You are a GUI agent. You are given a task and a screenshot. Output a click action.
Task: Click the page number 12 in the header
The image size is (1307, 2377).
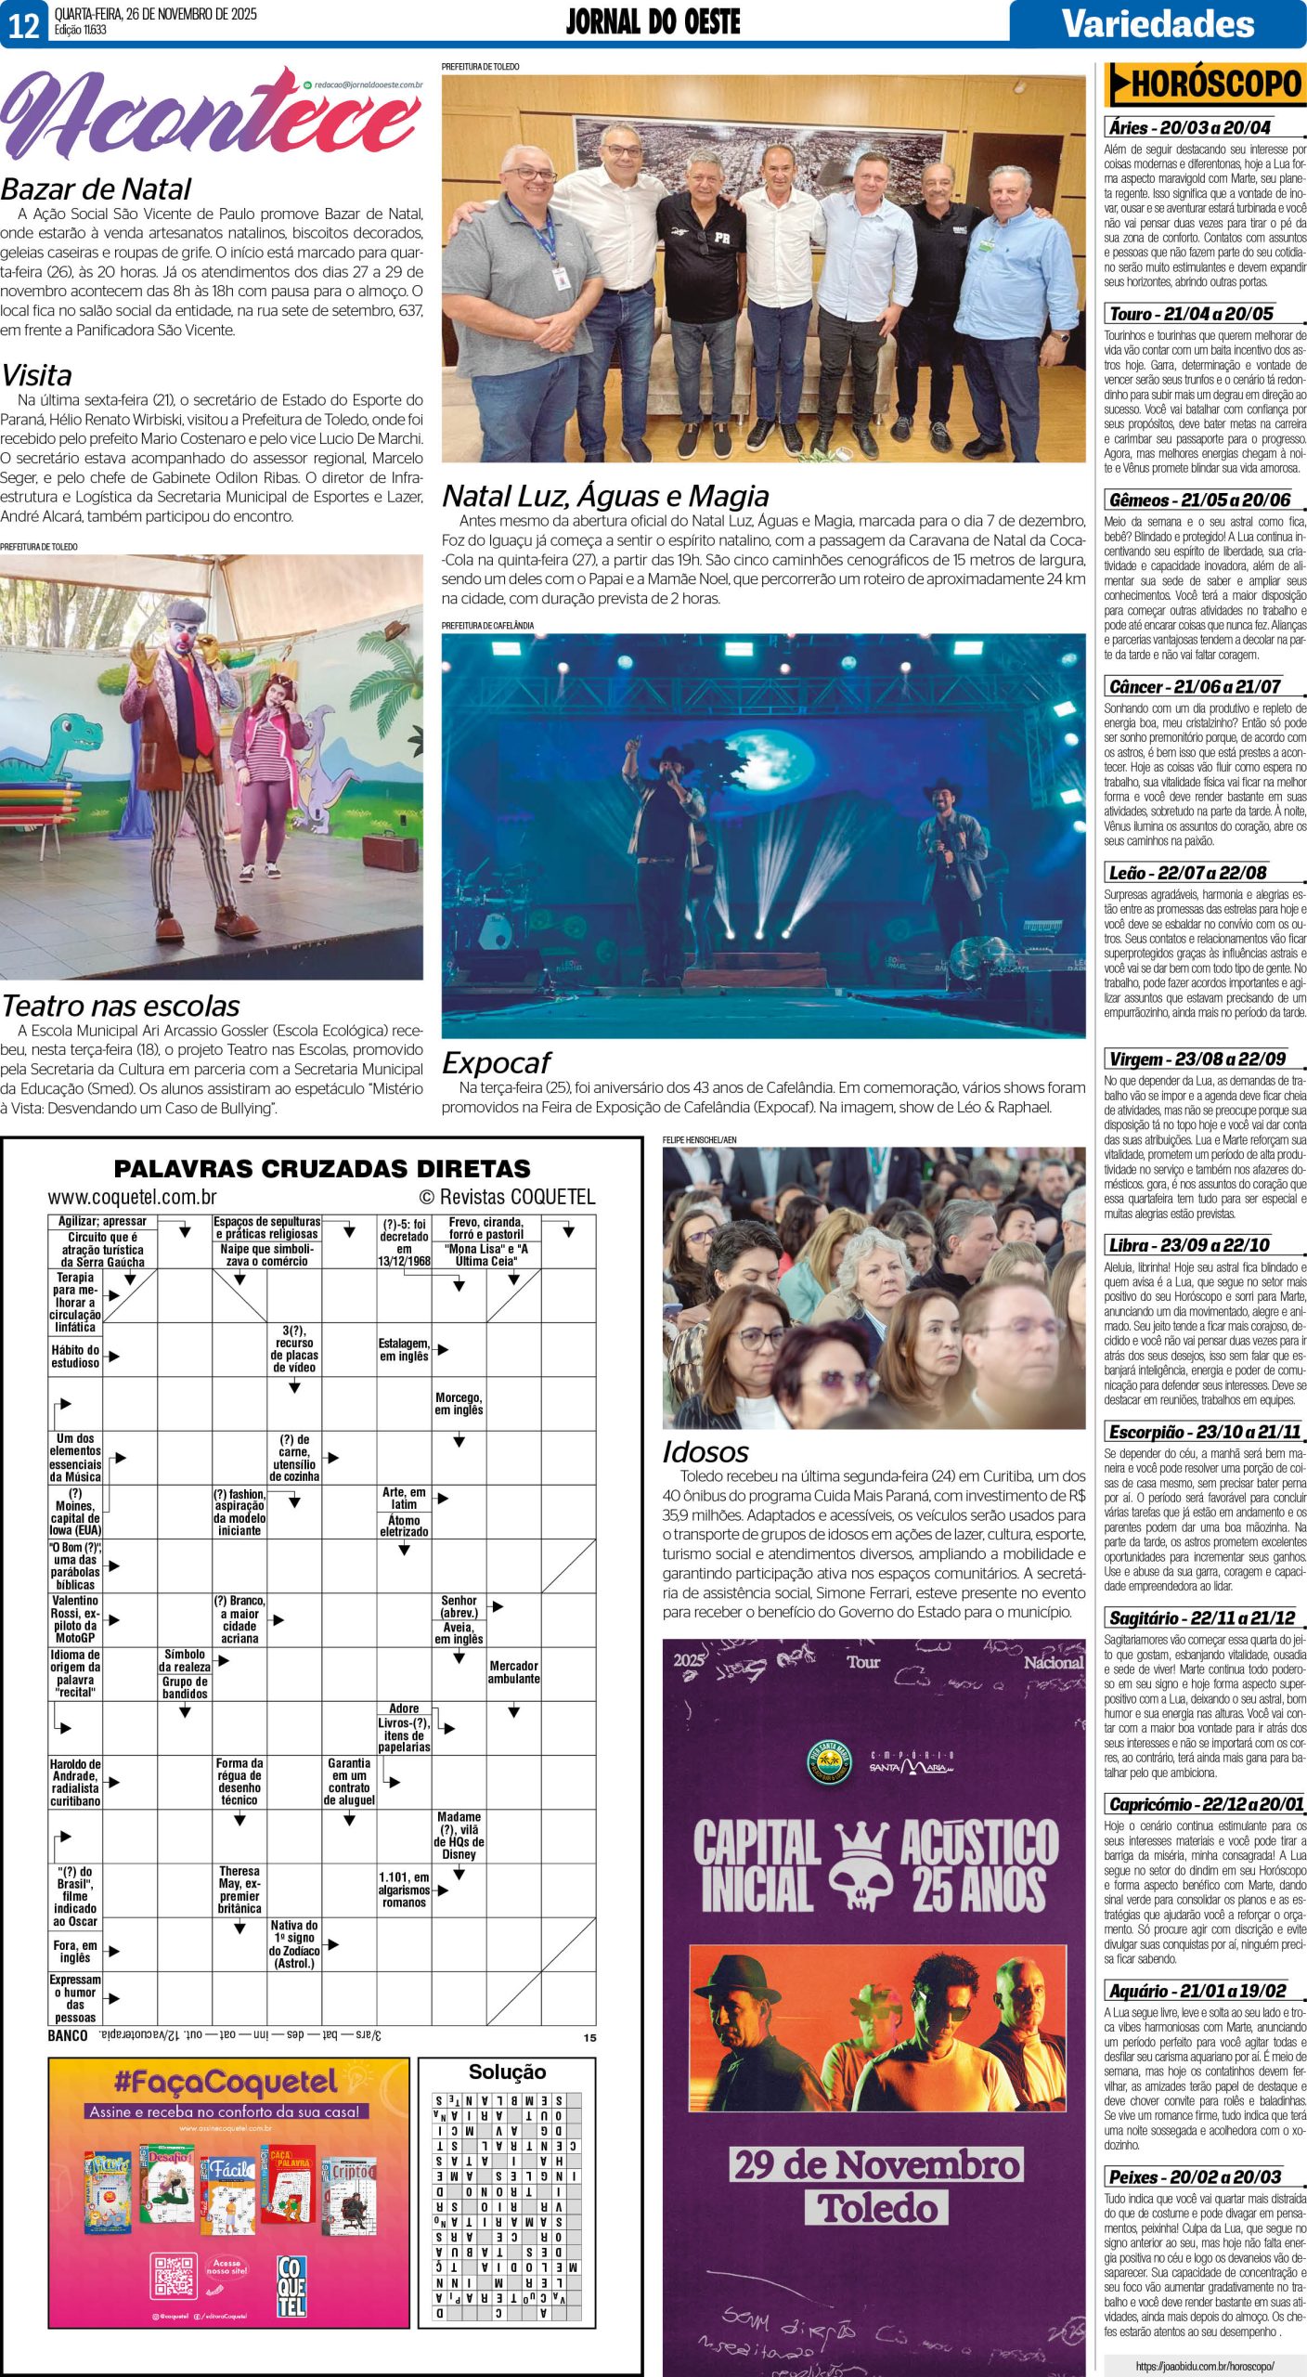(24, 24)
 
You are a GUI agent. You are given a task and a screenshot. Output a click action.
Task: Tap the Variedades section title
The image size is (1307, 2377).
(1158, 23)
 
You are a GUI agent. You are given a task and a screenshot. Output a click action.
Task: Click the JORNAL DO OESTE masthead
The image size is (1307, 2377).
(653, 22)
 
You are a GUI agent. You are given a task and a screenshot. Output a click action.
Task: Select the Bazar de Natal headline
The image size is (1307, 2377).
(96, 189)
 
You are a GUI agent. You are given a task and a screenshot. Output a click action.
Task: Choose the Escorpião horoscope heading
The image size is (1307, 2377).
(1205, 1432)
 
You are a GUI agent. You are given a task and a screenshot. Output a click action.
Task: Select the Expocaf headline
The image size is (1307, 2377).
(496, 1063)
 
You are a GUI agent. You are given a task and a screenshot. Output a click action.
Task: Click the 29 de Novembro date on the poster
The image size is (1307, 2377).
(875, 2165)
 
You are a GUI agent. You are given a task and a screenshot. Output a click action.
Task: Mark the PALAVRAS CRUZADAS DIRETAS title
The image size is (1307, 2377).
(322, 1169)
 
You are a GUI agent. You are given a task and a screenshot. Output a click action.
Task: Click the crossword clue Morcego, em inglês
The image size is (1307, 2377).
(459, 1403)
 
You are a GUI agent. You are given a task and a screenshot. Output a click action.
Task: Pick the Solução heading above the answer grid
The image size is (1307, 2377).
(507, 2072)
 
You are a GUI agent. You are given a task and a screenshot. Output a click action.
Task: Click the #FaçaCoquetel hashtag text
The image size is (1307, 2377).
(226, 2082)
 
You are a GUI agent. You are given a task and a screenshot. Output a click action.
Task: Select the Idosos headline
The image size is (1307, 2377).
(705, 1452)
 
